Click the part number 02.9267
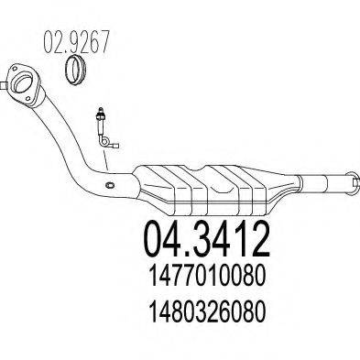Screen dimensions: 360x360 click(x=77, y=41)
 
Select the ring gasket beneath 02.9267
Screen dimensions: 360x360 click(x=75, y=71)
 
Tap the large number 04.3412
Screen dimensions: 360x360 click(x=207, y=240)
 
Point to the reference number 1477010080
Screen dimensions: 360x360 click(x=207, y=276)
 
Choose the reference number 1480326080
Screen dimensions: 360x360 click(x=207, y=311)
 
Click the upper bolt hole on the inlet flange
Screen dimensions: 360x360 click(x=15, y=69)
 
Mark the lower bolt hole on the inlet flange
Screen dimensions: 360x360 click(x=27, y=99)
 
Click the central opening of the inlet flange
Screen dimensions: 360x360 click(x=24, y=82)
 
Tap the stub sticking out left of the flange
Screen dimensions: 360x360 click(x=3, y=86)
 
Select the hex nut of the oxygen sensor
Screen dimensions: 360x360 click(x=100, y=116)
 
